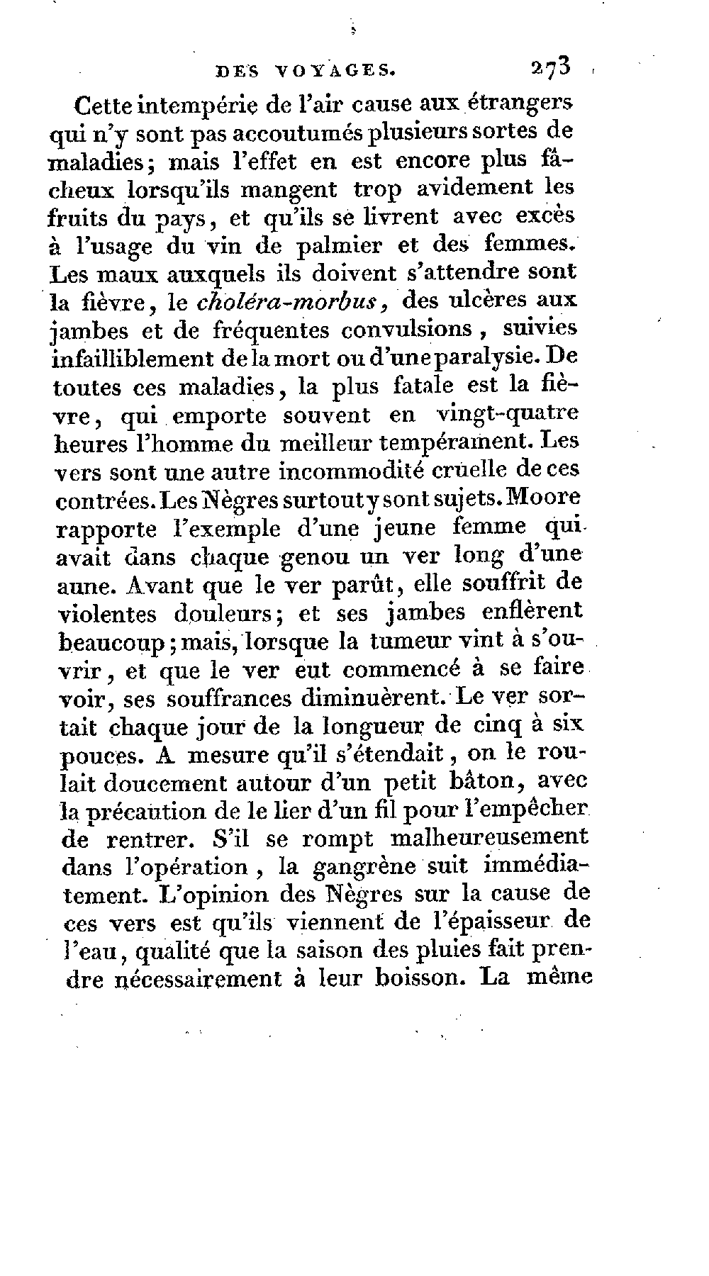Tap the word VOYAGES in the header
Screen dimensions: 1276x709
[x=333, y=70]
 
